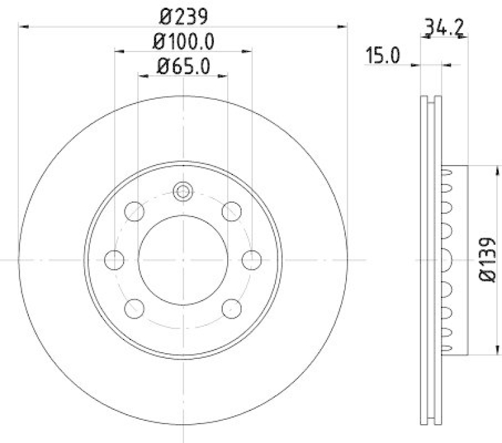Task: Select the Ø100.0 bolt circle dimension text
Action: coord(183,41)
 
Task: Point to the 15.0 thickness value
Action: coord(383,56)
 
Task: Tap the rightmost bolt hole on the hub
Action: coord(252,259)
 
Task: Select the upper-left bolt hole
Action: coord(134,211)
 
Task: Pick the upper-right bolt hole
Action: coord(232,211)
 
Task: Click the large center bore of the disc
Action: coord(183,259)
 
